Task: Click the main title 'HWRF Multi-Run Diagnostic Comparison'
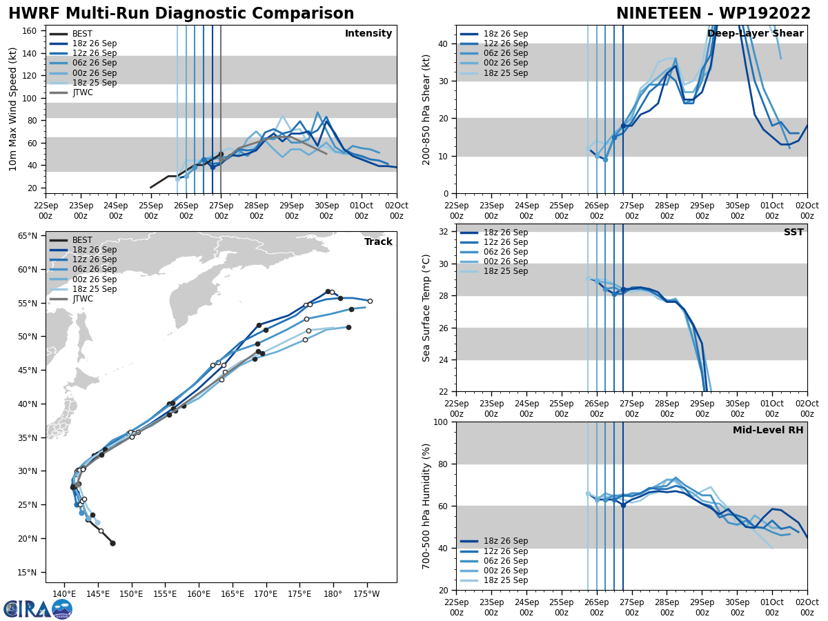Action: click(181, 14)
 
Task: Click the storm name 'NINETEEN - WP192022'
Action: click(713, 14)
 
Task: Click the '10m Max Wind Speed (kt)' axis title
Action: click(13, 109)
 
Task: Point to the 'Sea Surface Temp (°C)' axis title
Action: click(426, 308)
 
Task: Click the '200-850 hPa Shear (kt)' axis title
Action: click(426, 109)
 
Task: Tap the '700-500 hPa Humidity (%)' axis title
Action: click(426, 506)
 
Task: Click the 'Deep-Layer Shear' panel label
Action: click(755, 34)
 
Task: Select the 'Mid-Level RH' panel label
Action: click(768, 431)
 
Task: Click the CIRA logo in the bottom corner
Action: click(38, 609)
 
